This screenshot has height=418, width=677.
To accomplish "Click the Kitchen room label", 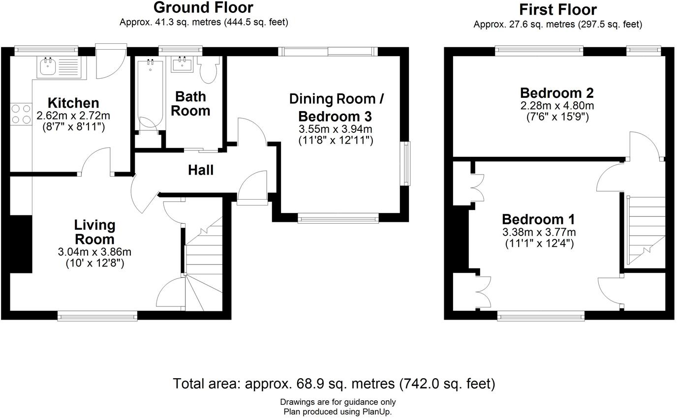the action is coord(73,103).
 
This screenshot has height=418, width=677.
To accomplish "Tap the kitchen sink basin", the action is coord(47,66).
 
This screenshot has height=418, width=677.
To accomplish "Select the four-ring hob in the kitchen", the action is coord(21,114).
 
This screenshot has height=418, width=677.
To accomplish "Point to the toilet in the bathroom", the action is coord(208,69).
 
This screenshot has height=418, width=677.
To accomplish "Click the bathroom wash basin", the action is coord(182,64).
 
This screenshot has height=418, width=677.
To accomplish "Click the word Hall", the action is coord(201,170).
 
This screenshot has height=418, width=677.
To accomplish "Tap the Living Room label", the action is coord(94,232).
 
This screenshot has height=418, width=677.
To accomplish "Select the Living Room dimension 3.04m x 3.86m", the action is coord(94,252).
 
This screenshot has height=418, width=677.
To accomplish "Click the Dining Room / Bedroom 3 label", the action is coord(337,108).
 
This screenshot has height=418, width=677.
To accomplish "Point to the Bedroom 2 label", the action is coord(557,93).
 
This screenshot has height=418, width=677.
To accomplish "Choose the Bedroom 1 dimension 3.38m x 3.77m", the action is coord(539,232).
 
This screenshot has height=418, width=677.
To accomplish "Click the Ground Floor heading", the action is coord(203,7).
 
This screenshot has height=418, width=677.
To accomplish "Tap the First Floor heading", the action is coord(558,10).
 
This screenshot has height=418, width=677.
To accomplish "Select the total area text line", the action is coord(334,384).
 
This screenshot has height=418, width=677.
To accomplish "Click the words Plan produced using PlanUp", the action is coord(338,412).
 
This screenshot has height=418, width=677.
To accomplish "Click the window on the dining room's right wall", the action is coord(405,163).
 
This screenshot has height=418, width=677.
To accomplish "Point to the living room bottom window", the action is coord(97,316).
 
